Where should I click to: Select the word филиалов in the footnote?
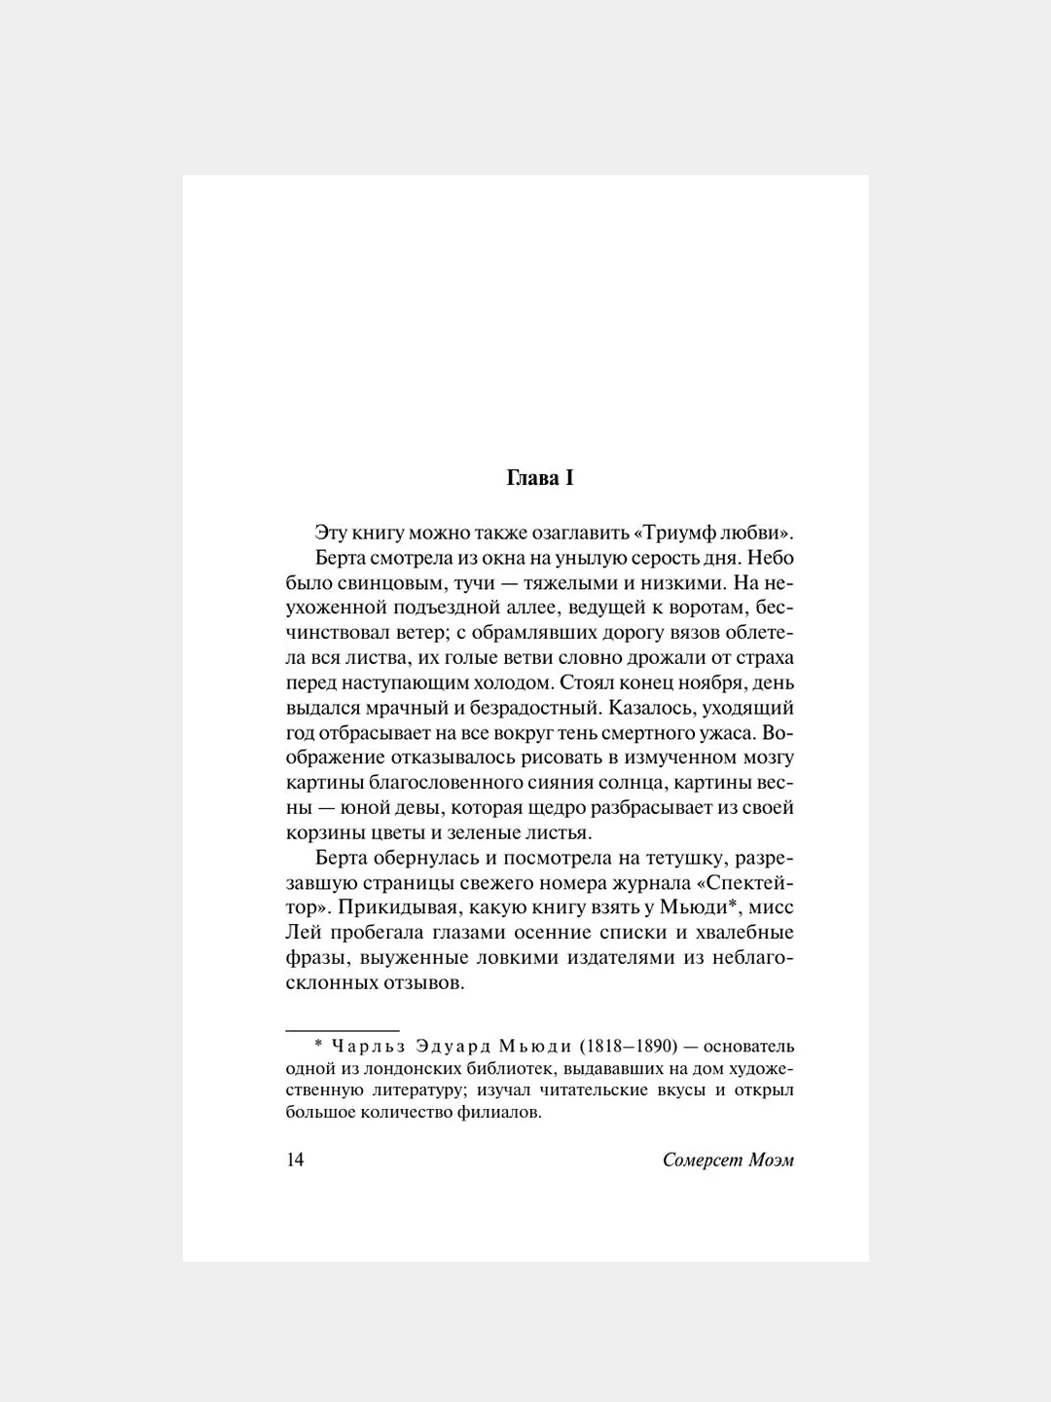coord(496,1113)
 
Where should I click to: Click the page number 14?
coord(295,1160)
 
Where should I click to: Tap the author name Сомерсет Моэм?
coord(728,1160)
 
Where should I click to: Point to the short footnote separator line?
coord(342,1029)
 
